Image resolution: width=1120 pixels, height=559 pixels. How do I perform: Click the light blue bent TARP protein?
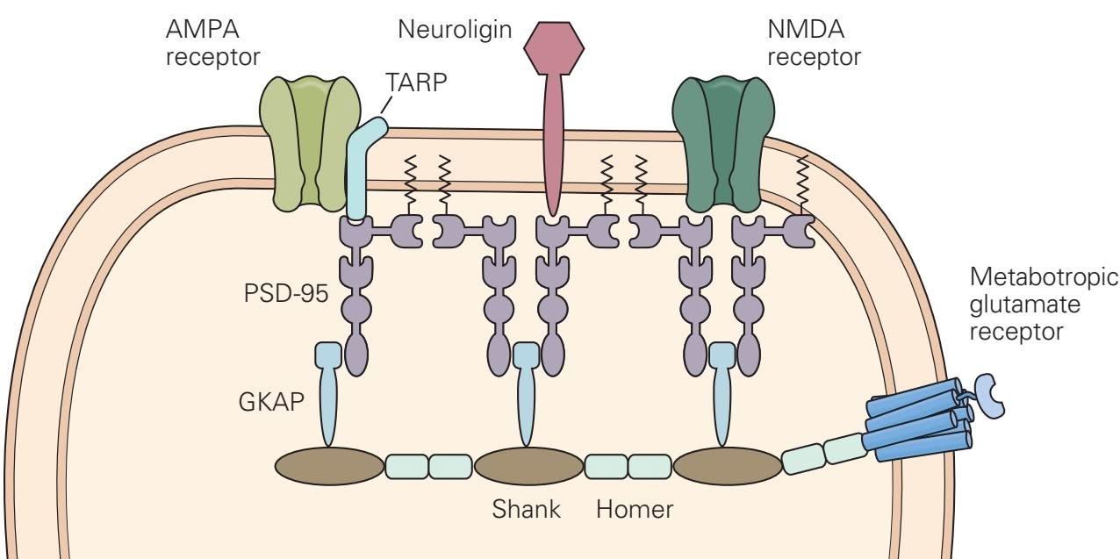pyautogui.click(x=359, y=176)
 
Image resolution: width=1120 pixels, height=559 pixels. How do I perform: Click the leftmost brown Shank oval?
pyautogui.click(x=329, y=466)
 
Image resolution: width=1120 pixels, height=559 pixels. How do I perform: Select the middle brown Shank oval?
pyautogui.click(x=528, y=466)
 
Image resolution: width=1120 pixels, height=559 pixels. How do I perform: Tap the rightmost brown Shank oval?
pyautogui.click(x=728, y=466)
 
